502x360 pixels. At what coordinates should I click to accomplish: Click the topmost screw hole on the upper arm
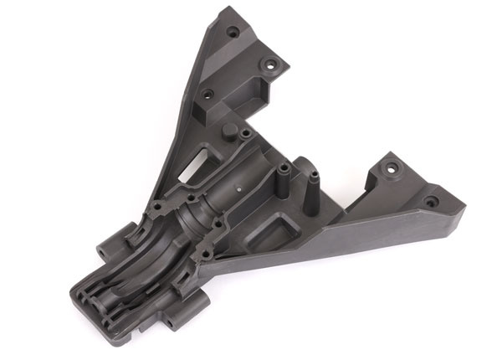(233, 33)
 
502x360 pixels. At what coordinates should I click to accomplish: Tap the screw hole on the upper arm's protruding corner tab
(270, 63)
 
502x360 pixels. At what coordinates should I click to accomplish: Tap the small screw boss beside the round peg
(243, 133)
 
